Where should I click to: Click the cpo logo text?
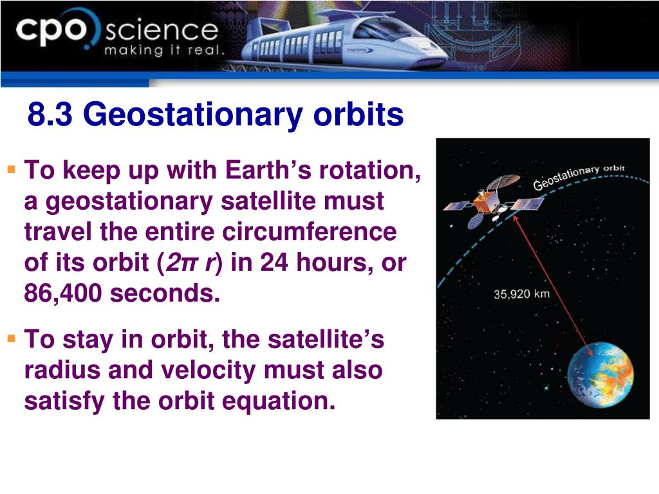51,31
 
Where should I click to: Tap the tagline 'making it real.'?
164,50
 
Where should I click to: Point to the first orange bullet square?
12,170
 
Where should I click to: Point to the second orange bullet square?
12,338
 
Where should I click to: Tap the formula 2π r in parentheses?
189,263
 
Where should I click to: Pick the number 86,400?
62,293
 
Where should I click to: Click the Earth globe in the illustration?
600,375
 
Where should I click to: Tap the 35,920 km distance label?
521,293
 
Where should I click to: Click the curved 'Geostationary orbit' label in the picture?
579,176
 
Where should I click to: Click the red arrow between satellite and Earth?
553,285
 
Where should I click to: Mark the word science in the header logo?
162,31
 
